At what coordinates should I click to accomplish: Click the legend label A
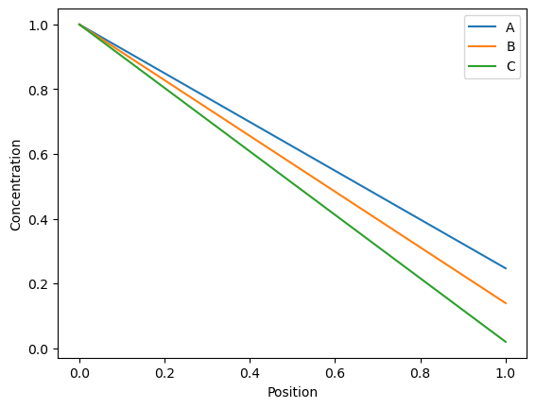[x=510, y=27]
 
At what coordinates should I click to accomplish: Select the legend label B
[x=510, y=46]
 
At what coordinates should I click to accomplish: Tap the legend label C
[x=510, y=66]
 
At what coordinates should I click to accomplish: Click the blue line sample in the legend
[x=482, y=26]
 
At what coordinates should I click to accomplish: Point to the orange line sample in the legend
[x=482, y=46]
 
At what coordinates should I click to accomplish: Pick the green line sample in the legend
[x=482, y=66]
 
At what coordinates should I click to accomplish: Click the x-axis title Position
[x=292, y=392]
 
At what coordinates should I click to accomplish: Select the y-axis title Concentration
[x=16, y=185]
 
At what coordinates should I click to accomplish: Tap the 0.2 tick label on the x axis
[x=164, y=373]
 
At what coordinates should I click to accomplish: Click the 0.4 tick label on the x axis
[x=250, y=373]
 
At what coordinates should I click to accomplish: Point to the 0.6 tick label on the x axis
[x=335, y=373]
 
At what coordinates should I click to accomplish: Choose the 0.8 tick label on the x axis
[x=421, y=373]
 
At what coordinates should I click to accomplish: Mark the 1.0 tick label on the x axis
[x=506, y=373]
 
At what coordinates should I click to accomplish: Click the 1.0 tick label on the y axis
[x=38, y=25]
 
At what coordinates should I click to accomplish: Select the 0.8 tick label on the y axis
[x=38, y=90]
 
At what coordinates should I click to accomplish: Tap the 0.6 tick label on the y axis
[x=38, y=155]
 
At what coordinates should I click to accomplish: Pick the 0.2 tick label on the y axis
[x=38, y=284]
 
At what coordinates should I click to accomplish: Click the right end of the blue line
[x=506, y=268]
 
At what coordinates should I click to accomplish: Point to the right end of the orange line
[x=506, y=303]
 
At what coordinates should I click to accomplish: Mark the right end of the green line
[x=506, y=342]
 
